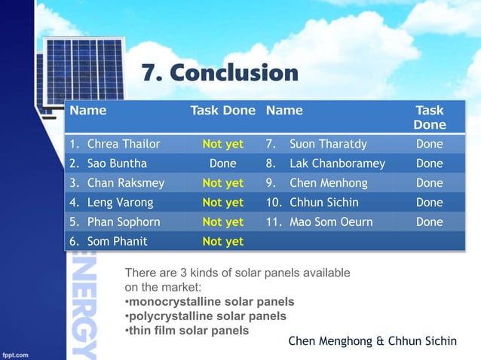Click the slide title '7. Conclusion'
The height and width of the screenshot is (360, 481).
click(219, 74)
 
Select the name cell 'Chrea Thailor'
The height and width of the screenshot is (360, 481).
click(123, 144)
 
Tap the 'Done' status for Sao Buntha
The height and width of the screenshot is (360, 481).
click(222, 163)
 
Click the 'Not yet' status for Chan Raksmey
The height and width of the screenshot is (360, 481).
click(222, 183)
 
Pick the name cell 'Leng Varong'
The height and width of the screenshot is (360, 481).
click(120, 203)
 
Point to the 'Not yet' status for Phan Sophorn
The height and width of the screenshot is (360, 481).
click(222, 222)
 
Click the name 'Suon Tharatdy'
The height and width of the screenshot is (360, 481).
click(328, 144)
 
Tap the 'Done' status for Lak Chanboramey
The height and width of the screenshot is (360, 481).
click(429, 163)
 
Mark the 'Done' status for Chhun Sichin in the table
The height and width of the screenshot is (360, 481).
click(429, 203)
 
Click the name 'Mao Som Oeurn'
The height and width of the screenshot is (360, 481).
click(331, 222)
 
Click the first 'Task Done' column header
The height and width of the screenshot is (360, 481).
click(222, 111)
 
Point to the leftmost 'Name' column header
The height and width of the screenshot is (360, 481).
click(88, 111)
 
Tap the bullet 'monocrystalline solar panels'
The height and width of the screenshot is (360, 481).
click(211, 301)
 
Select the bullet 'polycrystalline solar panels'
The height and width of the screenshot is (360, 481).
click(207, 316)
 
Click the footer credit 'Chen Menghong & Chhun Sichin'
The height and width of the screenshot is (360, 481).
click(372, 341)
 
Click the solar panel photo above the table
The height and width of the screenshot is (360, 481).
click(83, 72)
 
